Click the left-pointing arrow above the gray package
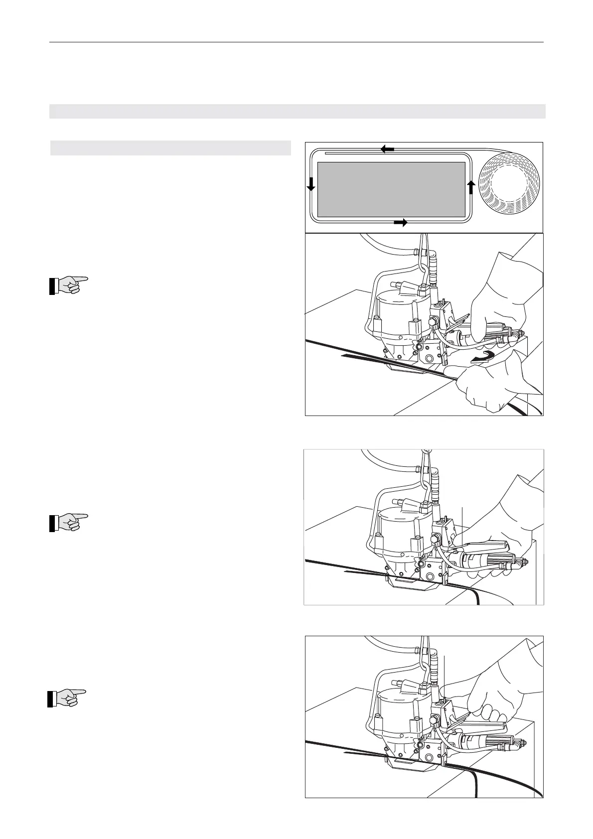tap(388, 148)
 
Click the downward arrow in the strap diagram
tap(311, 184)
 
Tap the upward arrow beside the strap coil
tap(471, 187)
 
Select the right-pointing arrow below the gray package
tap(400, 223)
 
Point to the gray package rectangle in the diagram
tap(391, 189)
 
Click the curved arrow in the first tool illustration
tap(483, 356)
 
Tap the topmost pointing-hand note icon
tap(68, 285)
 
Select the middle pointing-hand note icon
tap(68, 522)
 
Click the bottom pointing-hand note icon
tap(67, 698)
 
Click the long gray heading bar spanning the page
tap(297, 111)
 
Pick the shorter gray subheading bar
tap(170, 148)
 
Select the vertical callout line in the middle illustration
tap(463, 523)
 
